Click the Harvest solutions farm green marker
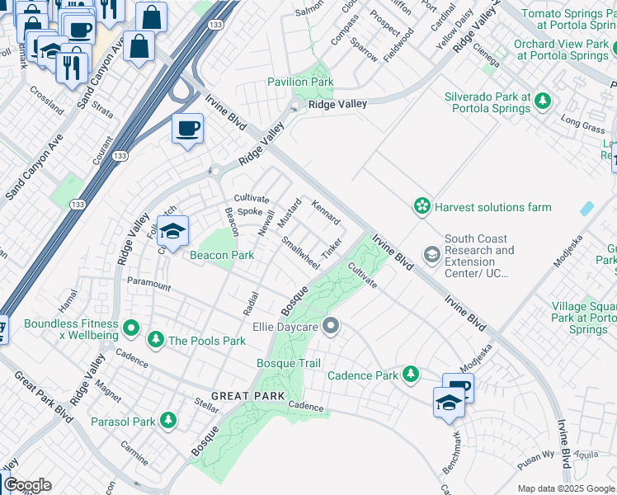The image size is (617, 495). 422,205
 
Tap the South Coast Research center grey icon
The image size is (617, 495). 431,254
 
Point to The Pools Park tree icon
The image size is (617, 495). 155,340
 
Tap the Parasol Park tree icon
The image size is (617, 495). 168,422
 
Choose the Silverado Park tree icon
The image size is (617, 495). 542,101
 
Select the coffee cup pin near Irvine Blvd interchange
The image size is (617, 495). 188,129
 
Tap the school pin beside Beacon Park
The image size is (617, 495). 173,232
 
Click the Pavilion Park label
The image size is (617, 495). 300,82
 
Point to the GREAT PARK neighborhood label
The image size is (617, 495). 242,397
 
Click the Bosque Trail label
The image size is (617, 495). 288,363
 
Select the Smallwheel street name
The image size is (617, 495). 300,253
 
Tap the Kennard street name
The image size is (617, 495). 326,212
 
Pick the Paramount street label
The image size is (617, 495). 148,285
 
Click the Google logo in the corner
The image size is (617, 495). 27,485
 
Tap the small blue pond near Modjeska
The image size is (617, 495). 586,208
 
